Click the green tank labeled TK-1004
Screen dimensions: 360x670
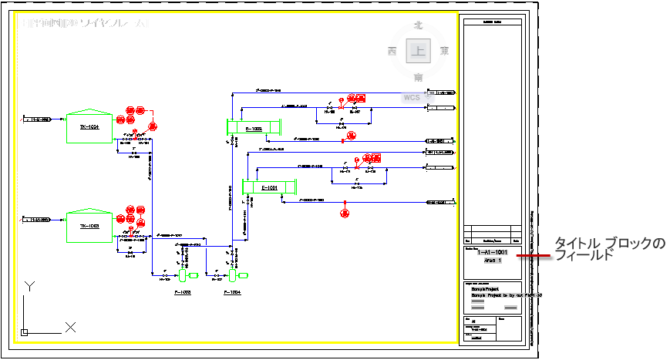point(89,125)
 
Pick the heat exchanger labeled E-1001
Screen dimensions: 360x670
point(269,187)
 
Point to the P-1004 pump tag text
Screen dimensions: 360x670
point(232,293)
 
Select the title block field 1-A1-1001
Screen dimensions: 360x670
point(492,252)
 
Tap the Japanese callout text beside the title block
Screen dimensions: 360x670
point(609,249)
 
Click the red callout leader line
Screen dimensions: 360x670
point(533,255)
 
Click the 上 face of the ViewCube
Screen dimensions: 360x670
point(419,52)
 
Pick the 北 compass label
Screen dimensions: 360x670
point(419,25)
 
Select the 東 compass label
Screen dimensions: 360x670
point(444,52)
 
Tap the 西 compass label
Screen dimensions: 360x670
point(392,52)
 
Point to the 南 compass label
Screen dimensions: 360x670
point(419,77)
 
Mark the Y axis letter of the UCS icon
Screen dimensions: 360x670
point(29,286)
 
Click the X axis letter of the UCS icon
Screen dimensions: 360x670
point(70,327)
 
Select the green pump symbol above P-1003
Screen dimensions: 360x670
point(183,275)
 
